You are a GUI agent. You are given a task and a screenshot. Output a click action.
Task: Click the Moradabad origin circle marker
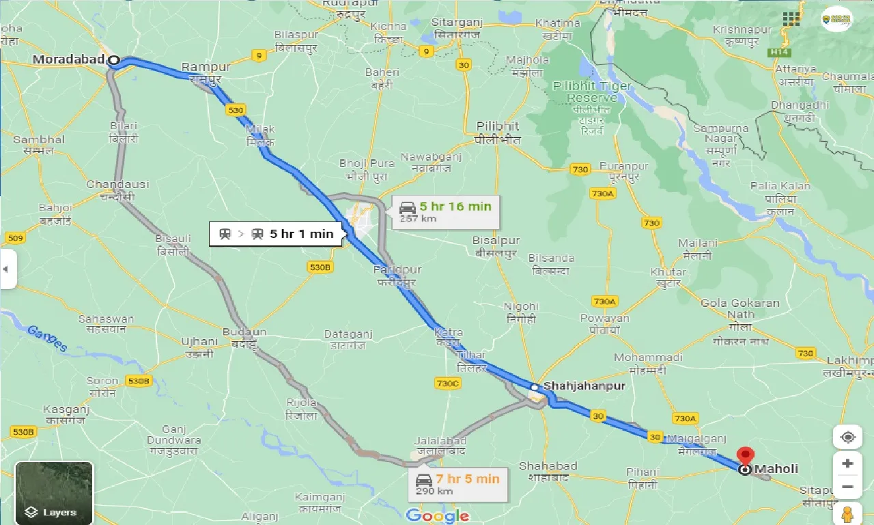[x=114, y=61]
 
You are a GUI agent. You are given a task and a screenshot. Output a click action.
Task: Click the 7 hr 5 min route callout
[x=457, y=484]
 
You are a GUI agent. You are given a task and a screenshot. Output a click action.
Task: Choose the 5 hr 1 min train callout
[x=277, y=234]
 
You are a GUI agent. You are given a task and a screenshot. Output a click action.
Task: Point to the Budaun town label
[x=244, y=332]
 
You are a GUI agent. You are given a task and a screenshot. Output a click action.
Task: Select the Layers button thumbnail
[x=54, y=493]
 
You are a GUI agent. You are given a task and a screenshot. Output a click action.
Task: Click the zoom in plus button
[x=847, y=463]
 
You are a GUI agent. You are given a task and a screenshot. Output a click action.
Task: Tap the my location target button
[x=847, y=437]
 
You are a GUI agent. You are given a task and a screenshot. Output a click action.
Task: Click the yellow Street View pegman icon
[x=847, y=513]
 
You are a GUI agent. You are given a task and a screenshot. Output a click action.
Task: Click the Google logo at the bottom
[x=437, y=515]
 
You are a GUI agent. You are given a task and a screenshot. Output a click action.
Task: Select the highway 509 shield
[x=14, y=238]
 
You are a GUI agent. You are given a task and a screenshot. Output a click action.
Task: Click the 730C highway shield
[x=447, y=383]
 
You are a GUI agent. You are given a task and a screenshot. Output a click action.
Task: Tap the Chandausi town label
[x=110, y=185]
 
